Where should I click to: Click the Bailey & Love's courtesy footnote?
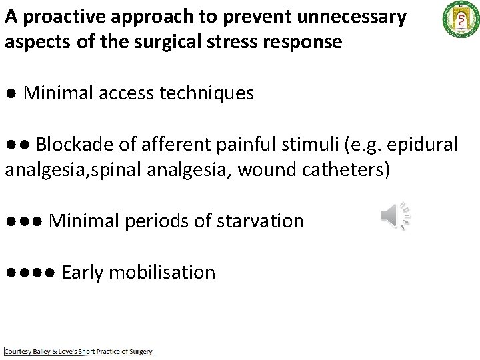point(78,351)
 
